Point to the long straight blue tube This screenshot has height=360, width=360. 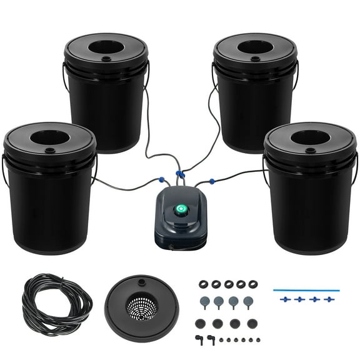(x=306, y=289)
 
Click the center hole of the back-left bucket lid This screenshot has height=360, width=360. (x=106, y=46)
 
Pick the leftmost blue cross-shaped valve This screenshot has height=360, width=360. (x=285, y=299)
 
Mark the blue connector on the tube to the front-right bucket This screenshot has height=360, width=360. (x=212, y=181)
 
